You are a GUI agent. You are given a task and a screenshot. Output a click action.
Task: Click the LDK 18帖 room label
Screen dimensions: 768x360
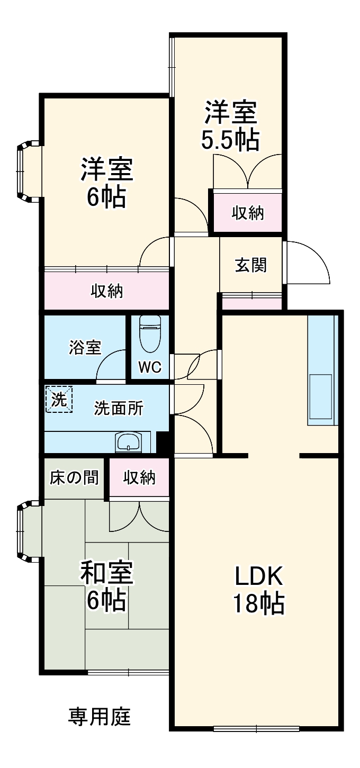pos(259,589)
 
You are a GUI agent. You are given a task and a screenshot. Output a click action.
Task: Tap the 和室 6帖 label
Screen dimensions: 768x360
pos(106,586)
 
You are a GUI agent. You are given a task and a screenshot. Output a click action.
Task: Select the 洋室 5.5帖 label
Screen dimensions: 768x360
pos(231,127)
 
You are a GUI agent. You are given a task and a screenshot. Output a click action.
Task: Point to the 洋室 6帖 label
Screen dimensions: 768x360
pos(106,183)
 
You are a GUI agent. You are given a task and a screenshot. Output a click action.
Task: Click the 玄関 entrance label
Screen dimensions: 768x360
pos(251,265)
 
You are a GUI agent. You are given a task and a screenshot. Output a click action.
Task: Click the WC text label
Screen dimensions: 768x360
pos(150,367)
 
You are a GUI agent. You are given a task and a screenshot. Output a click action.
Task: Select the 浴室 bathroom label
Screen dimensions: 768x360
pos(85,347)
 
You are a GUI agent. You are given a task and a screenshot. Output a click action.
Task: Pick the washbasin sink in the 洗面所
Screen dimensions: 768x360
pos(129,442)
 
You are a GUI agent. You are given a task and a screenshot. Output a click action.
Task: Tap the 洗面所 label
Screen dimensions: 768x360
pos(119,409)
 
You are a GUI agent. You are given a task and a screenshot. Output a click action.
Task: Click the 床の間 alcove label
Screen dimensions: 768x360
pos(74,477)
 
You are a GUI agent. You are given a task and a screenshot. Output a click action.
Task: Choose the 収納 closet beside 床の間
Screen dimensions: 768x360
pos(139,477)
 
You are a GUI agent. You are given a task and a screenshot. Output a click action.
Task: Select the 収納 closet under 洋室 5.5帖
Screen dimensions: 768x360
pos(248,213)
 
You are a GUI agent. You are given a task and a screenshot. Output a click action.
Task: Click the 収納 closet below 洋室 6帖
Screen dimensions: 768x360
pos(106,290)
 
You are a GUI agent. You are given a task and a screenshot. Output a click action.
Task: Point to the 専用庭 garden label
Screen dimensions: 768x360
pos(100,717)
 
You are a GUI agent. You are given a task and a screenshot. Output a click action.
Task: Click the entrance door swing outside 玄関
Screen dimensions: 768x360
pos(307,262)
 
